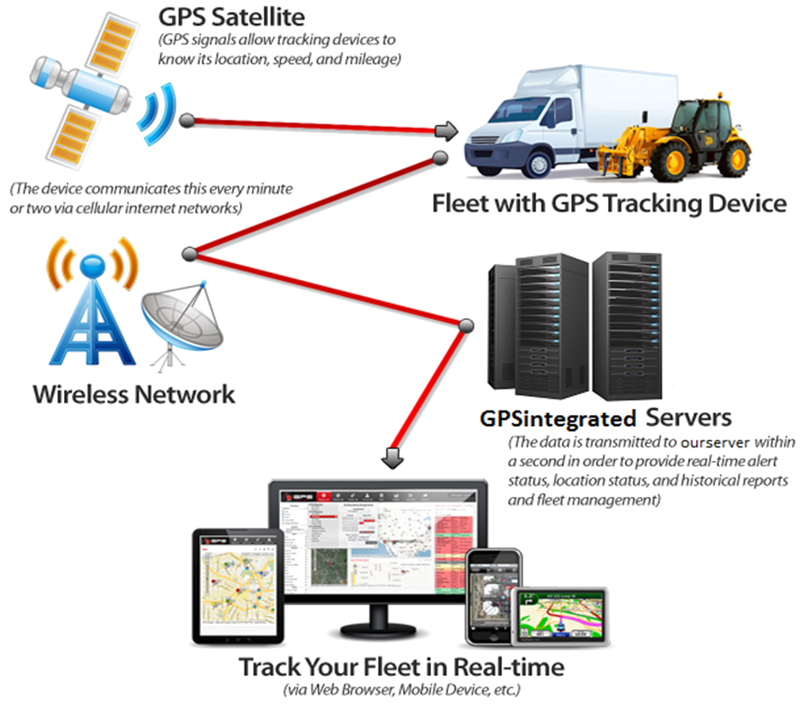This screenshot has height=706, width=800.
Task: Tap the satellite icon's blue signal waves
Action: click(155, 118)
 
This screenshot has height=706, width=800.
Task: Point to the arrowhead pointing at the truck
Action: click(447, 131)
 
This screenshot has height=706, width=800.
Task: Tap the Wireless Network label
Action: click(134, 394)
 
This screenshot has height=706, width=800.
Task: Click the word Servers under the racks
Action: click(689, 418)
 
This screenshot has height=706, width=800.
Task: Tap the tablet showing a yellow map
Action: click(236, 586)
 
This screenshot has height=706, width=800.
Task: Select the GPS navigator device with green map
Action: click(560, 619)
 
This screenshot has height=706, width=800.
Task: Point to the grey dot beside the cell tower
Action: click(190, 254)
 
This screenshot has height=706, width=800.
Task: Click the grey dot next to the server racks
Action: click(466, 326)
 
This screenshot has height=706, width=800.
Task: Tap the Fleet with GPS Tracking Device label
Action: click(609, 204)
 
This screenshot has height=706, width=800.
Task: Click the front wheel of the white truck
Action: click(522, 162)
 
